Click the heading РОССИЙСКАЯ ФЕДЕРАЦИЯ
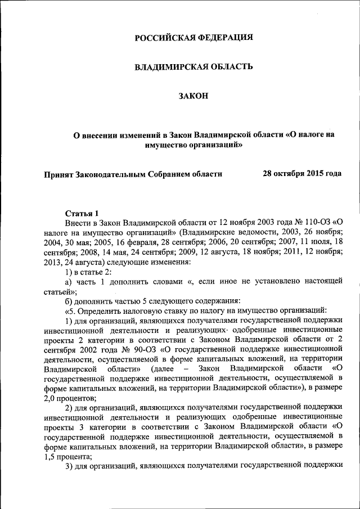[x=193, y=38]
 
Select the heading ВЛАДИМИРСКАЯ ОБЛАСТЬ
[x=193, y=67]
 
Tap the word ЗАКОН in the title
[x=193, y=96]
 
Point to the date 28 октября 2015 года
[x=302, y=174]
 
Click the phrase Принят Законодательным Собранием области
[x=133, y=174]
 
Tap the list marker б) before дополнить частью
[x=70, y=301]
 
